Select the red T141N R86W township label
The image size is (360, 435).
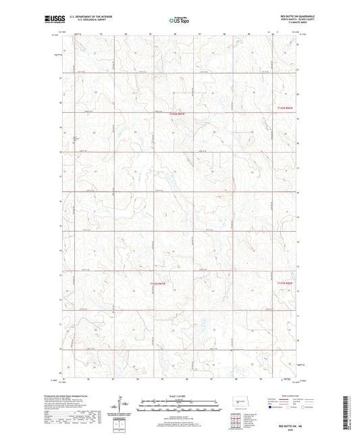click(286, 284)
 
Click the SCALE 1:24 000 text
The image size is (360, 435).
click(179, 395)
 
